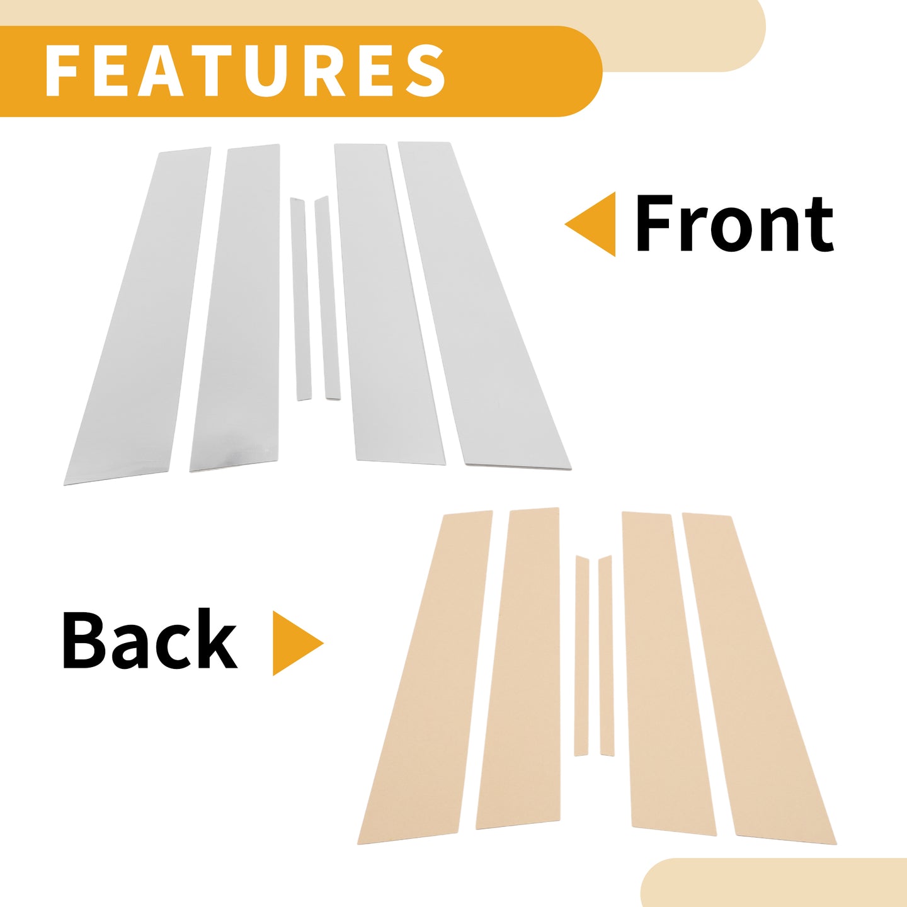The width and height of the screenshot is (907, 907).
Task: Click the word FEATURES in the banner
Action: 245,71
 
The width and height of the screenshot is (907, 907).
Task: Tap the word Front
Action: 734,224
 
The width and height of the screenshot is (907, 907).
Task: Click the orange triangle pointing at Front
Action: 590,224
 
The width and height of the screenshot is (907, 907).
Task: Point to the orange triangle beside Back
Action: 298,644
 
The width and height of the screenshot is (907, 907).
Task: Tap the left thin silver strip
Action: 301,299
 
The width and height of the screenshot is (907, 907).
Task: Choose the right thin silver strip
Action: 328,299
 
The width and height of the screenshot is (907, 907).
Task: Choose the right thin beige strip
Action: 606,656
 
